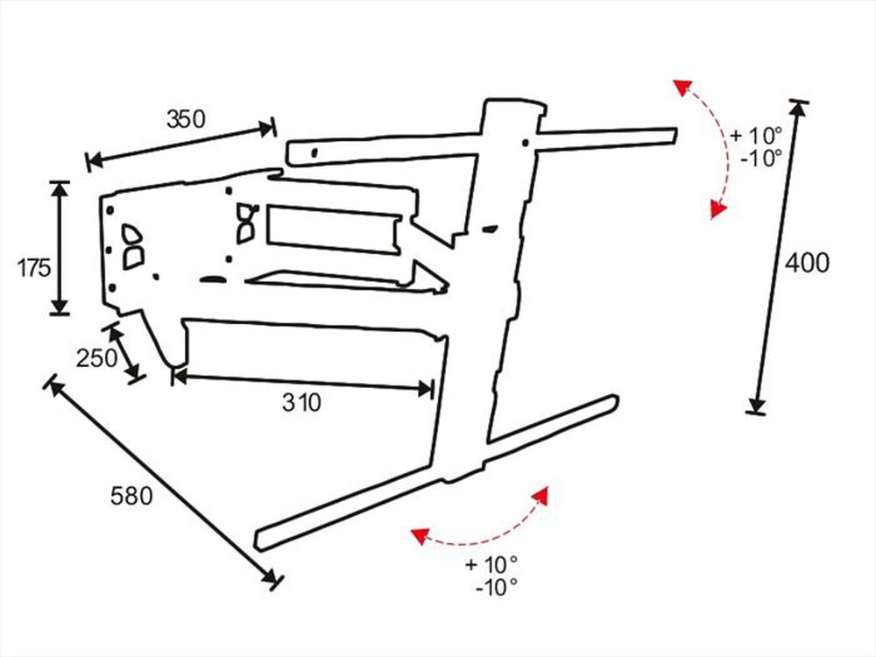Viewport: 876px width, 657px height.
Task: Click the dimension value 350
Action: pos(186,119)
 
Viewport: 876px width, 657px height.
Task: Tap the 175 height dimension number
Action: pos(35,268)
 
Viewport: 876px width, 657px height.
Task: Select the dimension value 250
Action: pos(95,358)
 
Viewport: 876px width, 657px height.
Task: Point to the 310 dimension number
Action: pos(302,403)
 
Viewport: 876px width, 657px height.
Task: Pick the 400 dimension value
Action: pos(807,262)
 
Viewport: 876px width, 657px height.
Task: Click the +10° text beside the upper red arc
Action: pos(755,136)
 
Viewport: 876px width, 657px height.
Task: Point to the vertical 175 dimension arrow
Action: pos(59,247)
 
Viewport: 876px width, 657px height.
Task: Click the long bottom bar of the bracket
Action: pos(438,472)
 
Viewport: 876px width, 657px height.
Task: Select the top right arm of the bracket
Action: pos(604,138)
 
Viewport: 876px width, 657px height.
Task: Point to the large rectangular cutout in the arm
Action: pos(333,228)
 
